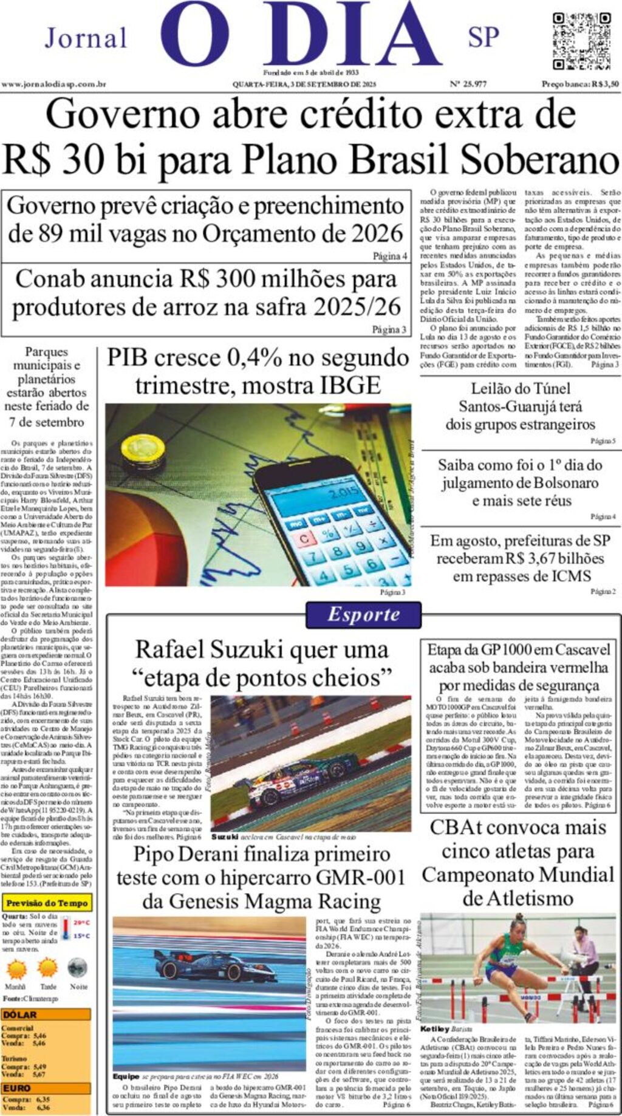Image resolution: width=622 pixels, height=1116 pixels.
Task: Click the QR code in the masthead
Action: [581, 41]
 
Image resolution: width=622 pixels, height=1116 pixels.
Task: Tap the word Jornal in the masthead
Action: [86, 38]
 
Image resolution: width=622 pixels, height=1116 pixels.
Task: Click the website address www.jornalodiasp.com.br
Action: [54, 84]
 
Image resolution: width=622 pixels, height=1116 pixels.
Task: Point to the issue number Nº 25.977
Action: [468, 84]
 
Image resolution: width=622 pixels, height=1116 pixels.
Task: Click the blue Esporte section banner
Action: [363, 614]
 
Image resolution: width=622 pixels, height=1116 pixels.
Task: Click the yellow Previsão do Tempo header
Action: [47, 903]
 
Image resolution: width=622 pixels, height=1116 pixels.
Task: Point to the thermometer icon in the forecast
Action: [66, 928]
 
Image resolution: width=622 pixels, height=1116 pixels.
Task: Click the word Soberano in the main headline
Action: [538, 160]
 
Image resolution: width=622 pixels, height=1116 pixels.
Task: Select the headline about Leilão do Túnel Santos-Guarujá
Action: [520, 406]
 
